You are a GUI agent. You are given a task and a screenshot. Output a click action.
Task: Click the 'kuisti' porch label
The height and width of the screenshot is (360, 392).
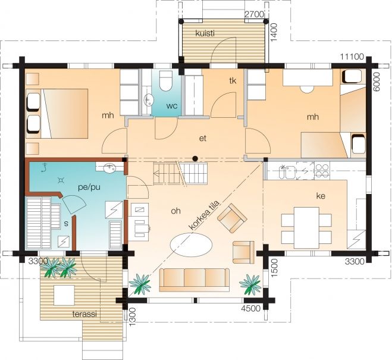point(205,33)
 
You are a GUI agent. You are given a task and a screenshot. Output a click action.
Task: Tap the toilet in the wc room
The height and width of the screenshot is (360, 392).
point(165,81)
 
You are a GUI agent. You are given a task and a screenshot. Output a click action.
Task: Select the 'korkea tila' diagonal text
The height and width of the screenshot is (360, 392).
point(204,215)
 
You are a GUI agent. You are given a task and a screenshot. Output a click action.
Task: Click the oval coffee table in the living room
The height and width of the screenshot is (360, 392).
point(192,244)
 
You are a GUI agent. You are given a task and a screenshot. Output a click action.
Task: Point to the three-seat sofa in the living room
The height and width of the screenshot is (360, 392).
point(195,280)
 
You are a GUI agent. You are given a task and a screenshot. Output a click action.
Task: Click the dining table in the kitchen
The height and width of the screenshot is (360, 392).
point(306,227)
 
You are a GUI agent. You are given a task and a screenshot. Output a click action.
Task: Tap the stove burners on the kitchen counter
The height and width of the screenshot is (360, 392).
point(322,171)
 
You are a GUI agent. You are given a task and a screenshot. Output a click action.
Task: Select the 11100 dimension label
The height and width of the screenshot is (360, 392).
point(352,57)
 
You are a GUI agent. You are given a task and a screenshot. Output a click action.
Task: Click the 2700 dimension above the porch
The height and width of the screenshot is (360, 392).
point(254,14)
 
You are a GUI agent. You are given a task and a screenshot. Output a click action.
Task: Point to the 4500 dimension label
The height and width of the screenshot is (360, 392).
point(251,308)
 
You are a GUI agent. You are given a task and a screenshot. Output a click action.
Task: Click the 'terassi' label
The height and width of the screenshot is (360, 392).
point(84,314)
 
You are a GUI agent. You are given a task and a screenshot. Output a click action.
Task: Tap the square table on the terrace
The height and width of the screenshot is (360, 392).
point(64,295)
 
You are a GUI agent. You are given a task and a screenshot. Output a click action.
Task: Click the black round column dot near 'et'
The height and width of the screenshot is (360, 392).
point(195,158)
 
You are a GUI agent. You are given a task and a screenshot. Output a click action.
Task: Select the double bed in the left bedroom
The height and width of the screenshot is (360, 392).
point(64,113)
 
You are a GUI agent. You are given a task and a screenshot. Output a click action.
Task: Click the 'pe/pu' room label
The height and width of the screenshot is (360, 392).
point(89,187)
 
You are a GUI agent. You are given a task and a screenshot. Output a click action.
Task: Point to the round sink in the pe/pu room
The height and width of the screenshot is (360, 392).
point(109,167)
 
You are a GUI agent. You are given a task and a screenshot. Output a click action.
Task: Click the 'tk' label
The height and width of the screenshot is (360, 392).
point(233,81)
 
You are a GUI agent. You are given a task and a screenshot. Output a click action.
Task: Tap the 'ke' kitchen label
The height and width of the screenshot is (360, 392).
point(321,196)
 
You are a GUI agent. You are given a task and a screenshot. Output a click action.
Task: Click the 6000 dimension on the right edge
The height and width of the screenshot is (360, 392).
point(377,82)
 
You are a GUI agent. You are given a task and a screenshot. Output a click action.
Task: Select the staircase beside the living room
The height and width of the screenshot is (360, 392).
point(180,173)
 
